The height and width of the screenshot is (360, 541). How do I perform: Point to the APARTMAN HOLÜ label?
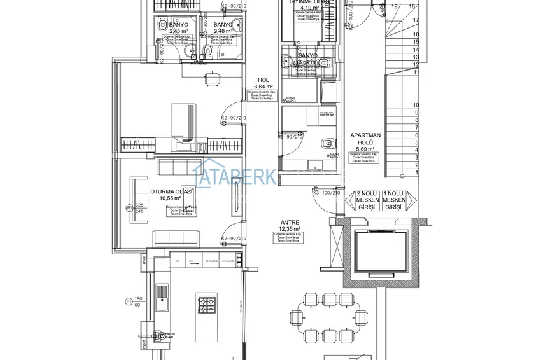[x=365, y=135]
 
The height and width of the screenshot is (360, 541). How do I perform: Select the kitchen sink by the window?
[x=164, y=293]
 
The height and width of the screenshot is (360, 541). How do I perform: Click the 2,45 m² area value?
[x=178, y=31]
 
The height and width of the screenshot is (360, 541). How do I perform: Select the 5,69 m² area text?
[x=365, y=149]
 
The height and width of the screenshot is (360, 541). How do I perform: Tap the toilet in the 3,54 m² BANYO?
[x=323, y=62]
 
